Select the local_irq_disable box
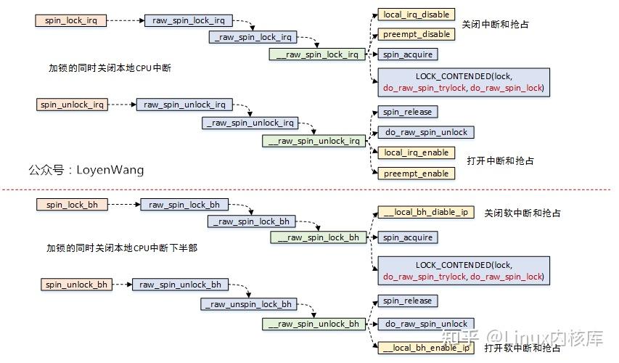416,14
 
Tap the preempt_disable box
416,34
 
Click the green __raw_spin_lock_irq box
316,54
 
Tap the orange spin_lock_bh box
72,205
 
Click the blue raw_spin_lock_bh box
184,205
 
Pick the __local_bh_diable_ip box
425,212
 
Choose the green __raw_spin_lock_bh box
317,237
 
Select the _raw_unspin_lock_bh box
249,304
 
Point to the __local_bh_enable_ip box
425,348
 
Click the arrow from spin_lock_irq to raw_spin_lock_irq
126,20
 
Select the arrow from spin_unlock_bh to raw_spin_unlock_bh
122,285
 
